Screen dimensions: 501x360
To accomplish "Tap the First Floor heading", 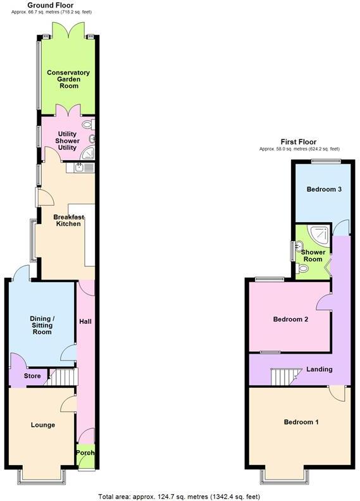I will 299,142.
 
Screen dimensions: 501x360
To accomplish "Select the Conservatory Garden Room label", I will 68,80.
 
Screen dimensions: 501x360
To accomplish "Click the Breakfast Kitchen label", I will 68,220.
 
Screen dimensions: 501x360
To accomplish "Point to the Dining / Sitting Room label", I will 42,325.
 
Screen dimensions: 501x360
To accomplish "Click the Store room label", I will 32,376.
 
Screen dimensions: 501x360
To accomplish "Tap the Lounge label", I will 42,425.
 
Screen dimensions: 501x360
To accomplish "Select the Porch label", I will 85,454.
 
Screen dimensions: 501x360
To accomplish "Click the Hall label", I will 85,322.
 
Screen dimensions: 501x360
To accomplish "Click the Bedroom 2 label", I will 290,319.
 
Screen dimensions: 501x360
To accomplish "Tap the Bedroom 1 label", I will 301,422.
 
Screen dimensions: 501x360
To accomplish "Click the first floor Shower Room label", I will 313,256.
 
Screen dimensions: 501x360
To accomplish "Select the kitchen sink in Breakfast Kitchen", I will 79,168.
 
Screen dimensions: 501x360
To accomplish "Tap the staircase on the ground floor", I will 62,378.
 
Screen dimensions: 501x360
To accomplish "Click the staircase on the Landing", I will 283,377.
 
